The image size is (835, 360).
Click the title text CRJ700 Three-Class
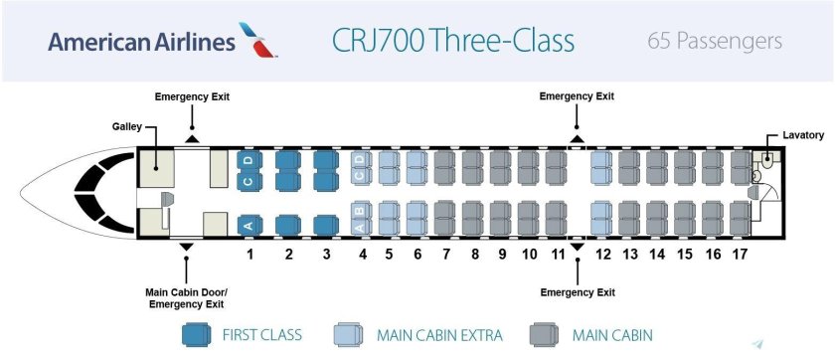pyautogui.click(x=452, y=42)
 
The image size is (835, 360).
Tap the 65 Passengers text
pyautogui.click(x=714, y=42)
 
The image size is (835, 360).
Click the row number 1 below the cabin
pyautogui.click(x=250, y=255)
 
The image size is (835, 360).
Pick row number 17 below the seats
pyautogui.click(x=740, y=255)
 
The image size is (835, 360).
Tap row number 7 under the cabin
pyautogui.click(x=446, y=255)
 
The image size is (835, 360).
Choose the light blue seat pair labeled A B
pyautogui.click(x=362, y=218)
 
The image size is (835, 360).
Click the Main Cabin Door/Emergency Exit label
pyautogui.click(x=187, y=297)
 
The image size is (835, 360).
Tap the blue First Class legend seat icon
pyautogui.click(x=196, y=334)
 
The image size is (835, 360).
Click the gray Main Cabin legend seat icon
pyautogui.click(x=544, y=334)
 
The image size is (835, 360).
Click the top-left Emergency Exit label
pyautogui.click(x=192, y=96)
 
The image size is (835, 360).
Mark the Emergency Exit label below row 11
pyautogui.click(x=577, y=292)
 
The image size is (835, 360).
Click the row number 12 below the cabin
pyautogui.click(x=602, y=255)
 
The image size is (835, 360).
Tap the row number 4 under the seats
pyautogui.click(x=363, y=255)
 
